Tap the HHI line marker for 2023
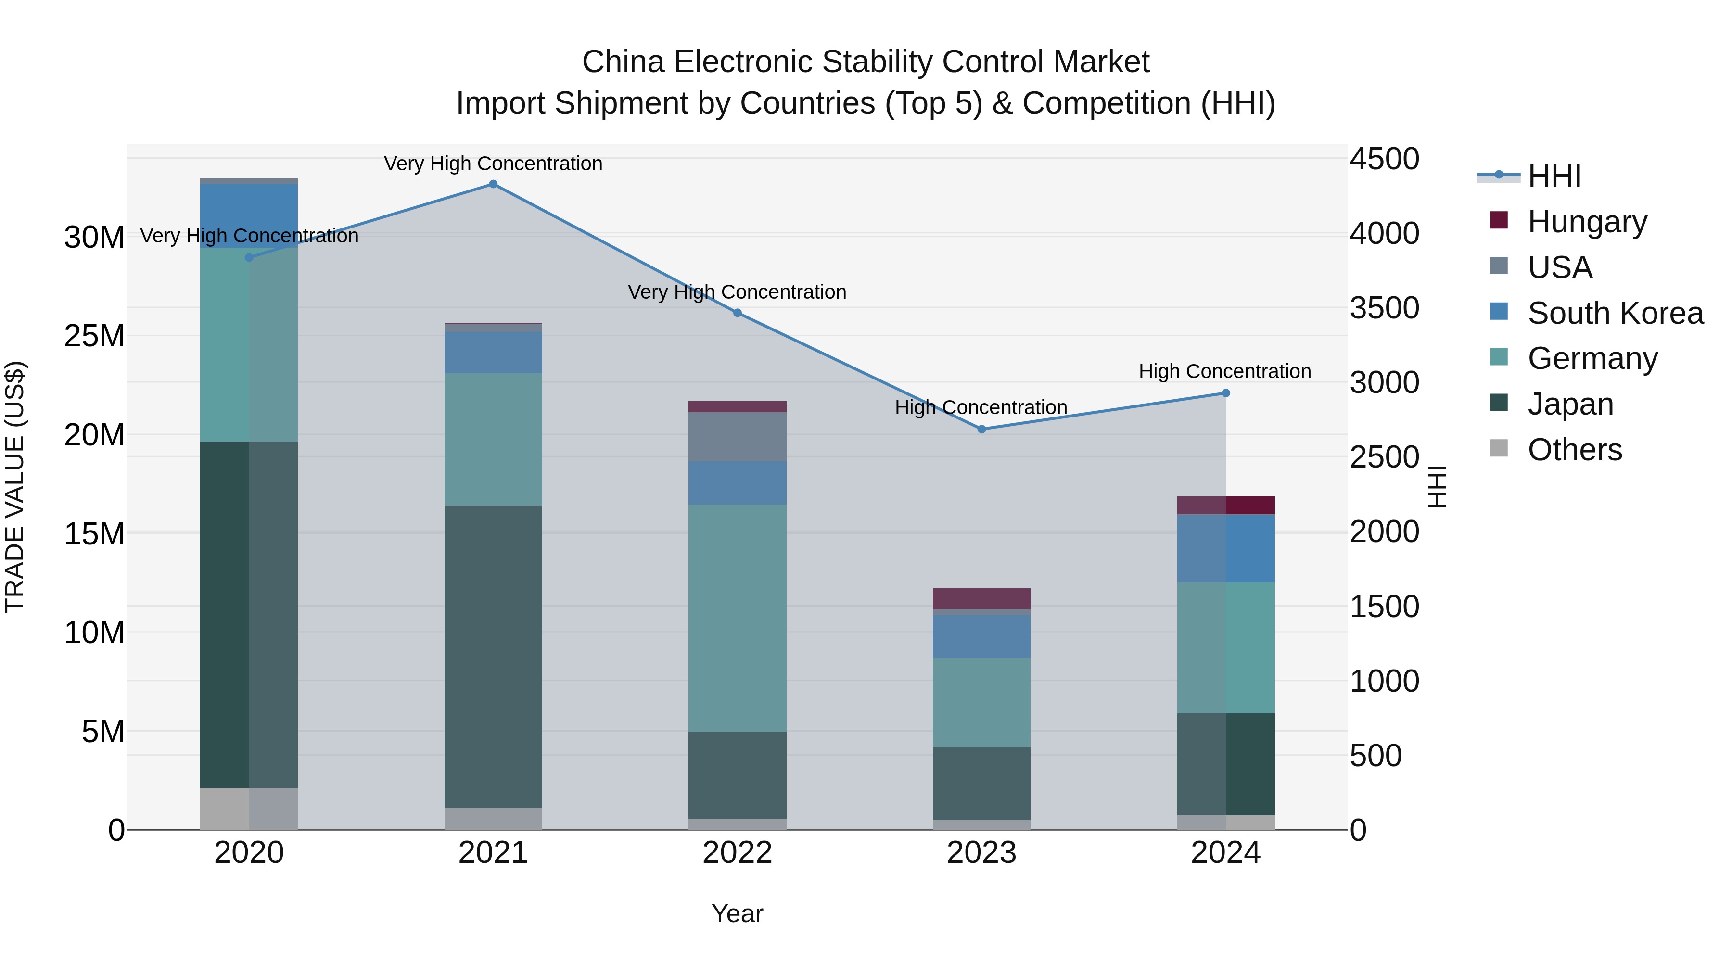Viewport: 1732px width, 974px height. point(981,429)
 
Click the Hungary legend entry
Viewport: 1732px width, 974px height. point(1587,221)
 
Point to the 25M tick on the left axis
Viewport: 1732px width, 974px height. point(94,335)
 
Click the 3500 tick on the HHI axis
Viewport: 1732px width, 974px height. point(1384,308)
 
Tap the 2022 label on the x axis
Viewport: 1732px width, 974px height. point(737,853)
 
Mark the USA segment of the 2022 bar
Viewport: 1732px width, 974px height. point(737,437)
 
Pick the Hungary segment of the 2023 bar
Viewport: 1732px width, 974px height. point(981,598)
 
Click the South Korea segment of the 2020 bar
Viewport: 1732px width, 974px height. point(249,216)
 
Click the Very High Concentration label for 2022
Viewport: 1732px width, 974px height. point(737,292)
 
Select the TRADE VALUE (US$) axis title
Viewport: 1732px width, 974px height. point(15,487)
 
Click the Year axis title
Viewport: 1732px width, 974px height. point(737,913)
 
